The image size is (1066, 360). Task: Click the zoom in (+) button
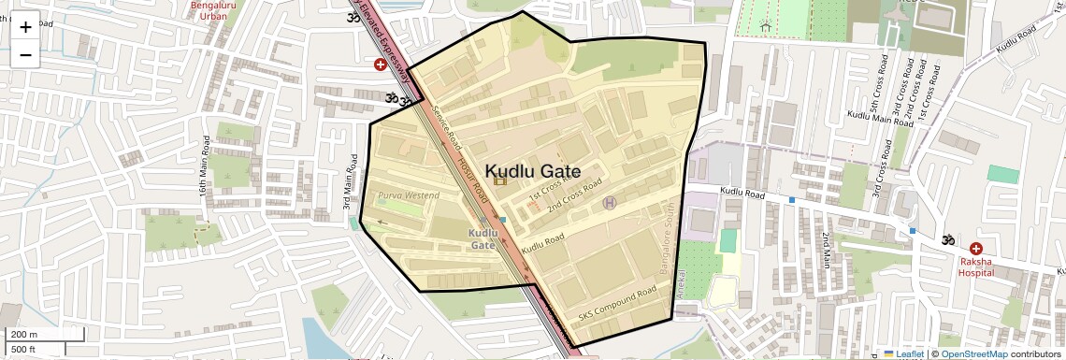(25, 26)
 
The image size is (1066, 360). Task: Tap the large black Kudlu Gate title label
(532, 171)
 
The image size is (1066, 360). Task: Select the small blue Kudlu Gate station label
(483, 238)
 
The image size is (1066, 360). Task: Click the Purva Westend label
(408, 195)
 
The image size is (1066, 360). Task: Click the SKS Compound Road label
(617, 305)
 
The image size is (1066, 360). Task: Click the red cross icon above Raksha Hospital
(976, 249)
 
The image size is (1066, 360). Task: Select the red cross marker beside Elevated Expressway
(380, 65)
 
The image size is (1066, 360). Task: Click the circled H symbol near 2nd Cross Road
(610, 202)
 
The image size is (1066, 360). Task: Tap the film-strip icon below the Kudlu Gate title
(500, 180)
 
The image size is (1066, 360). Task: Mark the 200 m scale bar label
(24, 334)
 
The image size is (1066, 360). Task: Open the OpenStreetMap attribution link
(973, 353)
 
